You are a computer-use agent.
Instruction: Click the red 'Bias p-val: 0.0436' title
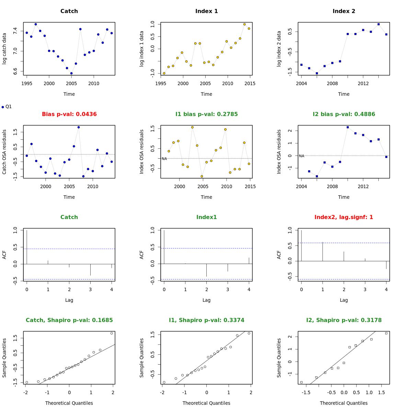(69, 114)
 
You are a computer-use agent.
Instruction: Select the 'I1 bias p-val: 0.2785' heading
(206, 114)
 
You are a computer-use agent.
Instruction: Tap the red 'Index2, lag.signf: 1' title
(344, 217)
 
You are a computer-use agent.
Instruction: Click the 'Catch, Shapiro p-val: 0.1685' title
(69, 320)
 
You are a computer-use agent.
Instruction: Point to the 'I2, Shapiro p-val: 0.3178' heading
(344, 320)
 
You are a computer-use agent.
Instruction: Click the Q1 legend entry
(7, 107)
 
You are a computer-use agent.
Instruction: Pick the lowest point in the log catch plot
(71, 73)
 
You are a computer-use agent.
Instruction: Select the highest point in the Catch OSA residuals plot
(79, 127)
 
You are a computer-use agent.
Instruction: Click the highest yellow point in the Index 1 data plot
(244, 24)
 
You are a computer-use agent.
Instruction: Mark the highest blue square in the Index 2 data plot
(378, 24)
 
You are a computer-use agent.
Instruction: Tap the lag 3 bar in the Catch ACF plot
(90, 270)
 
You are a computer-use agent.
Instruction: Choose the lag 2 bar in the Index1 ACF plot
(206, 270)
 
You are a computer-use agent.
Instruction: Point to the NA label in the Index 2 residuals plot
(301, 156)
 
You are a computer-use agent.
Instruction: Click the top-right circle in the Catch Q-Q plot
(112, 333)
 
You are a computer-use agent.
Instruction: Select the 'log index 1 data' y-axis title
(141, 49)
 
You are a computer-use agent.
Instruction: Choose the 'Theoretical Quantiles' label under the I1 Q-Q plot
(206, 403)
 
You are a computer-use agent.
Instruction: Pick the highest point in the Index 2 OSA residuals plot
(347, 127)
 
